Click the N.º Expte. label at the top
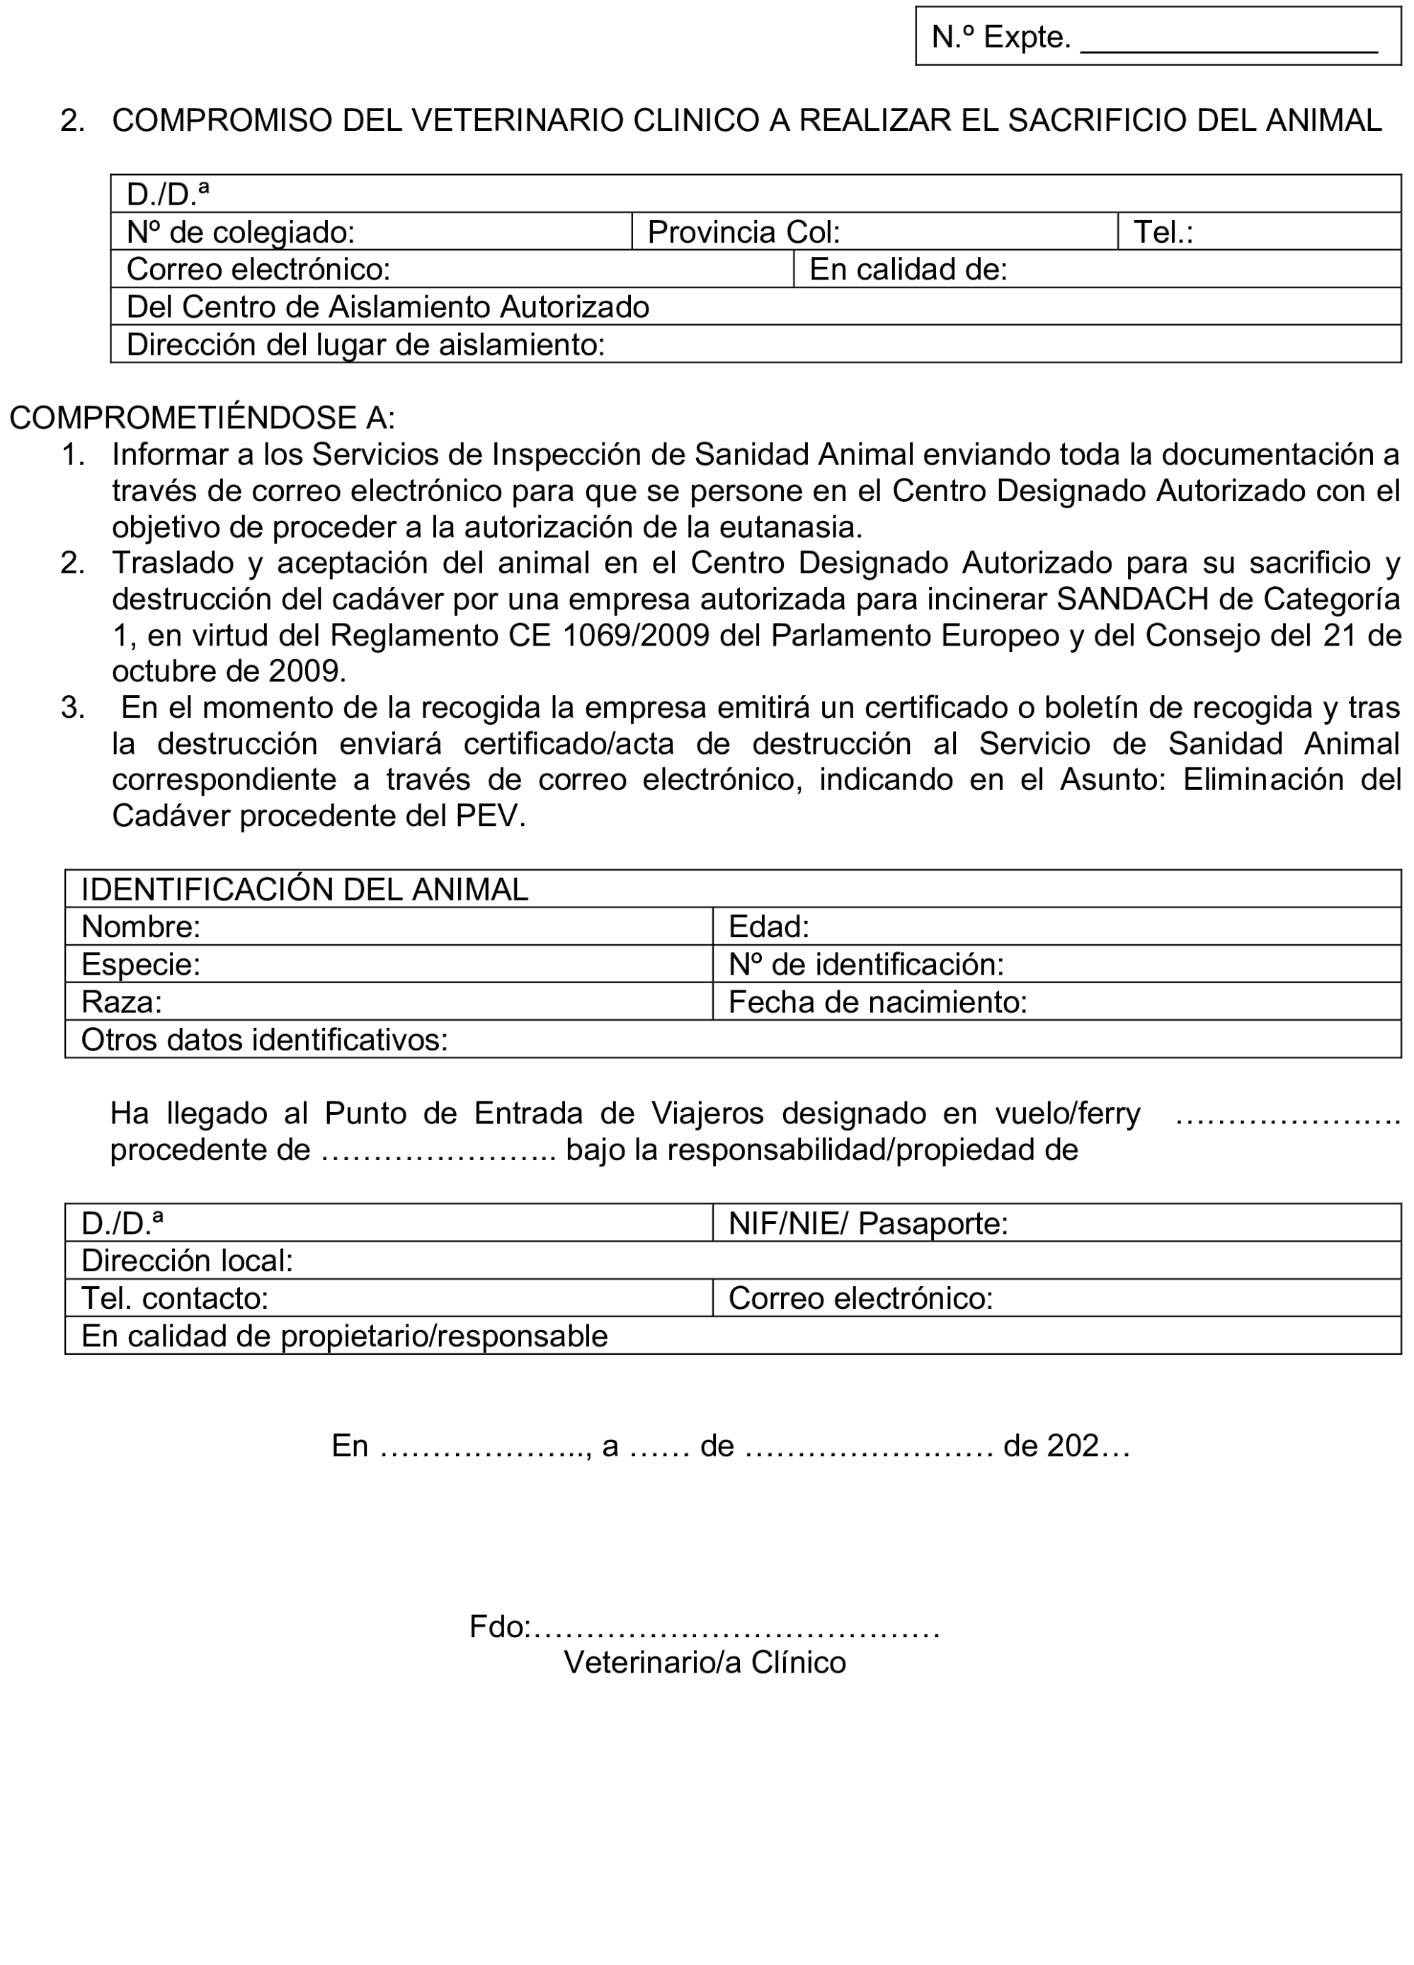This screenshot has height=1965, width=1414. [1000, 38]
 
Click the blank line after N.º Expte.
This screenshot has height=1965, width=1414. [1228, 43]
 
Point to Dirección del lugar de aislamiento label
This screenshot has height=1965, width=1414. [365, 345]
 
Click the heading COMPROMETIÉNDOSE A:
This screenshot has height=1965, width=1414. [202, 418]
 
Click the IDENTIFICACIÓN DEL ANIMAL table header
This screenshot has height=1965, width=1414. [304, 889]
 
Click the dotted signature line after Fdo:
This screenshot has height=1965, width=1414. [736, 1628]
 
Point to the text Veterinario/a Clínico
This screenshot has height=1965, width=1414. [705, 1663]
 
